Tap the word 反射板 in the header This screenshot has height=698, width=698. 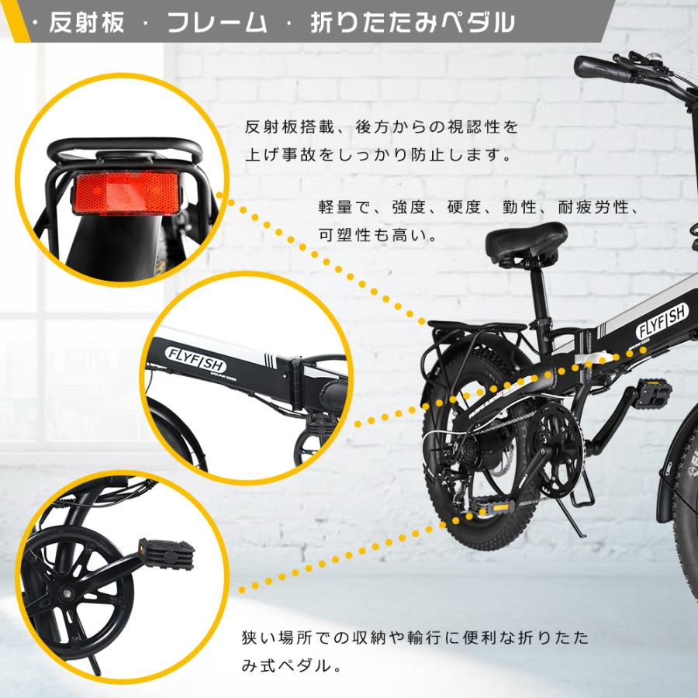pyautogui.click(x=86, y=22)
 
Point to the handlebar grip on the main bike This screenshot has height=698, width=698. pyautogui.click(x=601, y=67)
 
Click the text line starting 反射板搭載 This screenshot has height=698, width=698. pyautogui.click(x=380, y=126)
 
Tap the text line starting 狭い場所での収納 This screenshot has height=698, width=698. pyautogui.click(x=415, y=638)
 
